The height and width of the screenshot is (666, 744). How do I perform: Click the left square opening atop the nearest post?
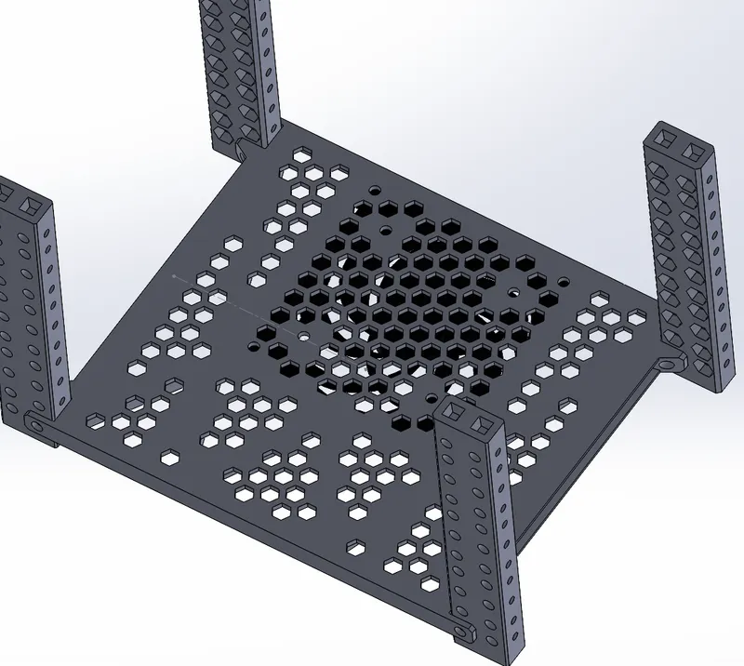(454, 411)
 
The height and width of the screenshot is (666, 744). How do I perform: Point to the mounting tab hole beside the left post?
(36, 425)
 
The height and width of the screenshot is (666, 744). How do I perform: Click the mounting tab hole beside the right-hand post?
(669, 360)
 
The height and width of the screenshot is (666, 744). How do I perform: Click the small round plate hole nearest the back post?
(376, 191)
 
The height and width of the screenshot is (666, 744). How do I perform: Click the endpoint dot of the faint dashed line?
(174, 276)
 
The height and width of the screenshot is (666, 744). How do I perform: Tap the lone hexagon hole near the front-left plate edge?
(169, 456)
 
